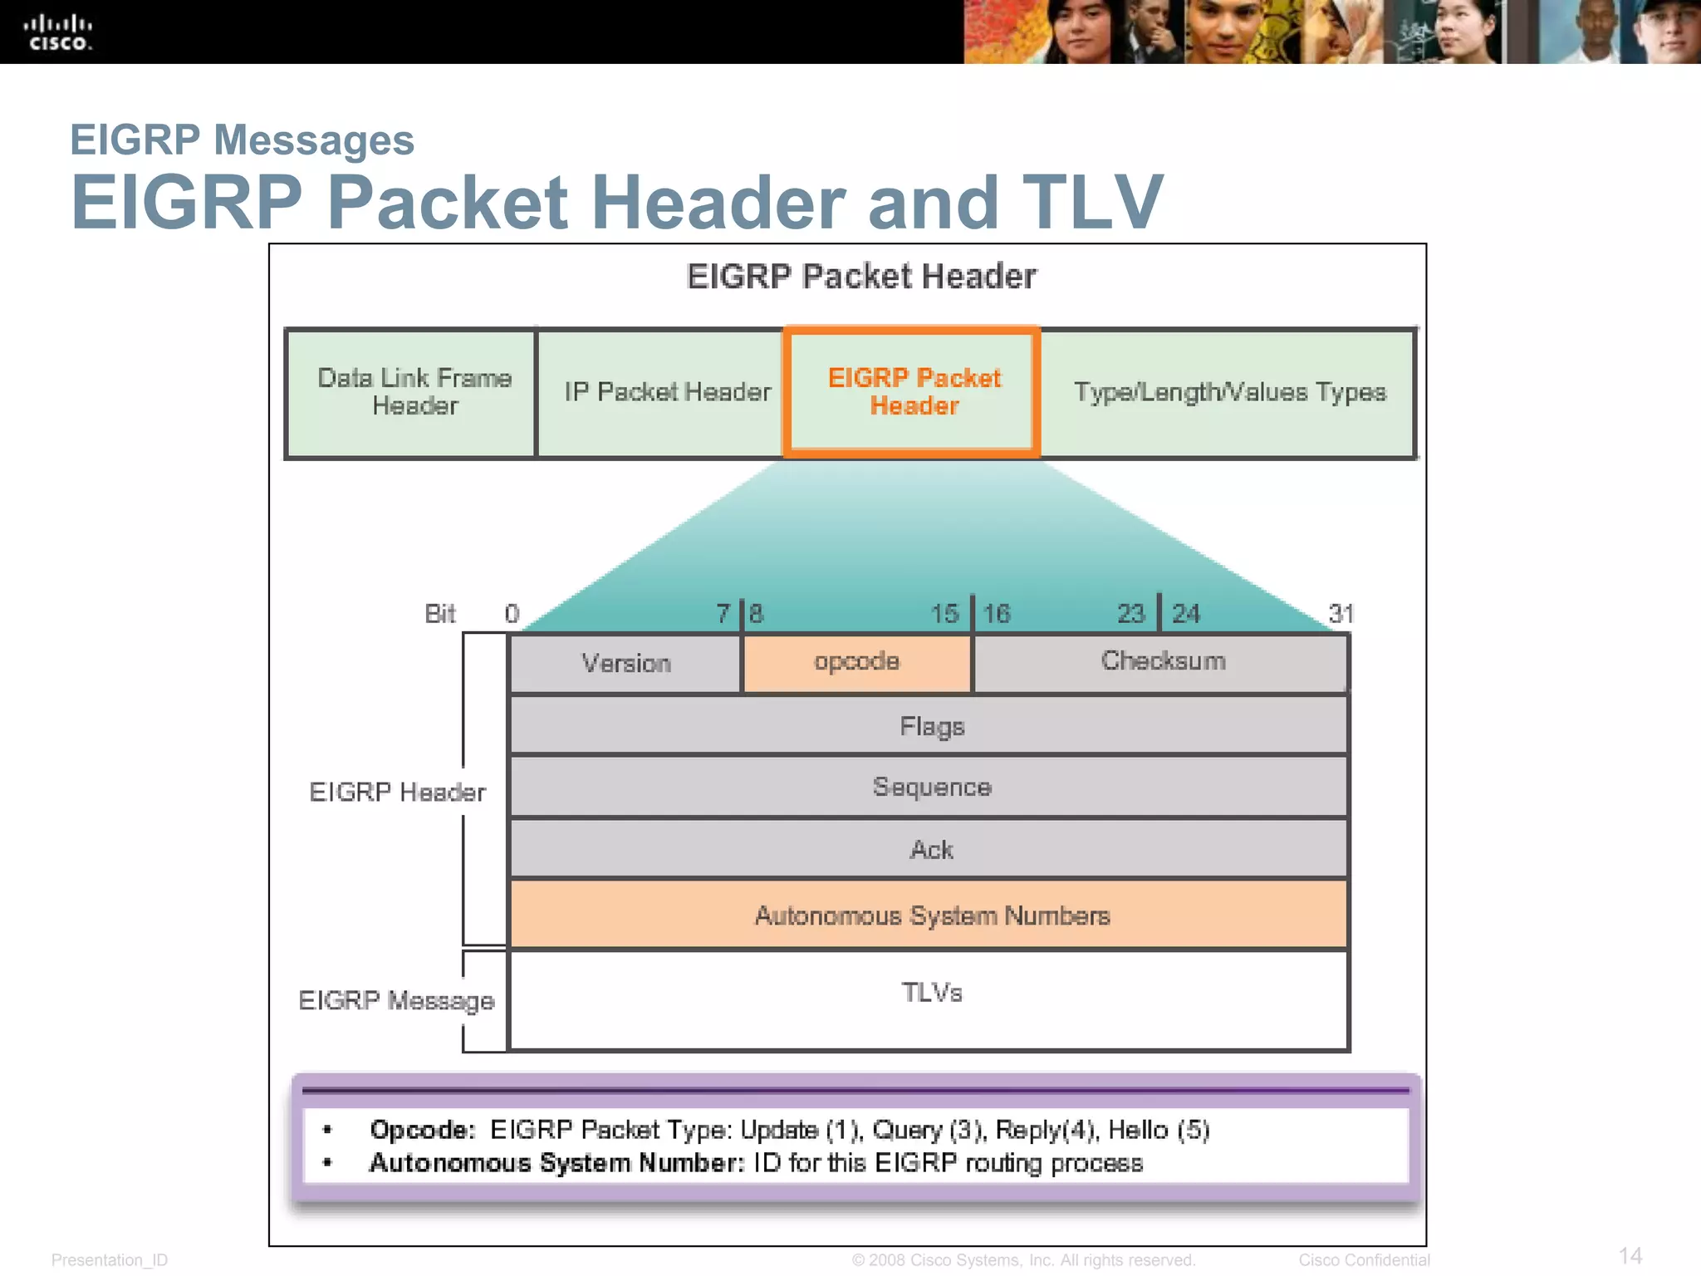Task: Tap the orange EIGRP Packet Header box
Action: pos(913,392)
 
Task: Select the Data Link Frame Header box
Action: pos(413,392)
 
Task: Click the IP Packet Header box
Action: pos(667,392)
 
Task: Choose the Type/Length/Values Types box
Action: pos(1229,392)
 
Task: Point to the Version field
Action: pos(625,664)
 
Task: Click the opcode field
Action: pos(856,662)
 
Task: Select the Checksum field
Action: pos(1162,661)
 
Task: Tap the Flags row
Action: pos(931,727)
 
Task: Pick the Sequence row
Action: pos(931,788)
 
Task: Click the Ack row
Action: pos(931,850)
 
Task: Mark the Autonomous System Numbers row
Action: pos(931,915)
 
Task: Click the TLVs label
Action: pos(931,993)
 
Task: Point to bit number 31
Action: pos(1340,614)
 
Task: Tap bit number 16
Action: pos(996,614)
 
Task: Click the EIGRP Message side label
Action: pos(396,1001)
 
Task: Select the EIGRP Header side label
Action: pos(397,793)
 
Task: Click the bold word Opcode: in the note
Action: pos(422,1131)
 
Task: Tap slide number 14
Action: pos(1630,1256)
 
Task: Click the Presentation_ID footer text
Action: pos(110,1260)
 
